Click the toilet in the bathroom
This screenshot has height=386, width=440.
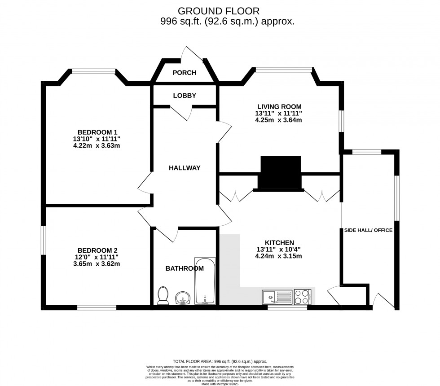[x=163, y=296]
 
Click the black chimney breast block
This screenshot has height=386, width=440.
[x=281, y=172]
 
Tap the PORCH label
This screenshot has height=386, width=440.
[x=185, y=73]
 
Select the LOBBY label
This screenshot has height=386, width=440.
[x=185, y=96]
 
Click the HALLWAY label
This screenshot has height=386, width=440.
[x=185, y=168]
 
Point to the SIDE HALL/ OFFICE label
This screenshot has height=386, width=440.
[x=368, y=230]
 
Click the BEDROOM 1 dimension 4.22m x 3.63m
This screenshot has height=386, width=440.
[x=97, y=145]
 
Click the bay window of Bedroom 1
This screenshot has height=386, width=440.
[x=94, y=70]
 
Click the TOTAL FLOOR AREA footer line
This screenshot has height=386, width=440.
[x=220, y=361]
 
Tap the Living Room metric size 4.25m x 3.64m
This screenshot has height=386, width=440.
[x=278, y=120]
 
